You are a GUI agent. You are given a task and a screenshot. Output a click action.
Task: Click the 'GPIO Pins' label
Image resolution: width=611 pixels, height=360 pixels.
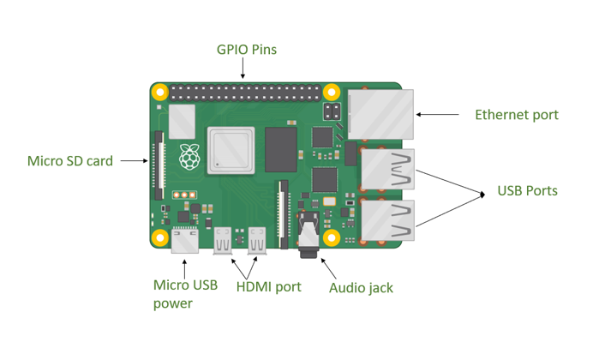click(246, 50)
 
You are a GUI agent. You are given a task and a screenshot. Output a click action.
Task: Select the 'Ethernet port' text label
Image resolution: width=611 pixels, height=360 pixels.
click(516, 115)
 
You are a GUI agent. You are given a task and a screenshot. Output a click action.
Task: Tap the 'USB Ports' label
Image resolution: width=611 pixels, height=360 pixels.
click(527, 190)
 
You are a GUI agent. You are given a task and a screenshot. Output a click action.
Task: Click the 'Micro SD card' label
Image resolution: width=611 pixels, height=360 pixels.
click(70, 160)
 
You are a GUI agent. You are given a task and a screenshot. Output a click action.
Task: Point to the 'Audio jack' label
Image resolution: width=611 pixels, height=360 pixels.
click(361, 288)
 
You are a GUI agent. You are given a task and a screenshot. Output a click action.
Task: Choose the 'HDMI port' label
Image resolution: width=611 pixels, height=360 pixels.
click(268, 286)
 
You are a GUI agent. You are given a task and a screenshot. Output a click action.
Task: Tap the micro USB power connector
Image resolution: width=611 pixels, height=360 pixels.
click(183, 243)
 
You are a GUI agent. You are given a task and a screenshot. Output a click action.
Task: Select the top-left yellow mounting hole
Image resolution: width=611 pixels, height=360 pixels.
click(159, 92)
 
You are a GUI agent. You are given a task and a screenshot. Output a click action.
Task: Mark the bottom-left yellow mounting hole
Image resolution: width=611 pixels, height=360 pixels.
click(159, 237)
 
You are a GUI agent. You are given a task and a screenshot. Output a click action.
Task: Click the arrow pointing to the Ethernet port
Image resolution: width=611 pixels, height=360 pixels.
click(438, 114)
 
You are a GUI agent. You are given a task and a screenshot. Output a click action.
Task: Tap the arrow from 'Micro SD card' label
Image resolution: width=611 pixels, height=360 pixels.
click(133, 159)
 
